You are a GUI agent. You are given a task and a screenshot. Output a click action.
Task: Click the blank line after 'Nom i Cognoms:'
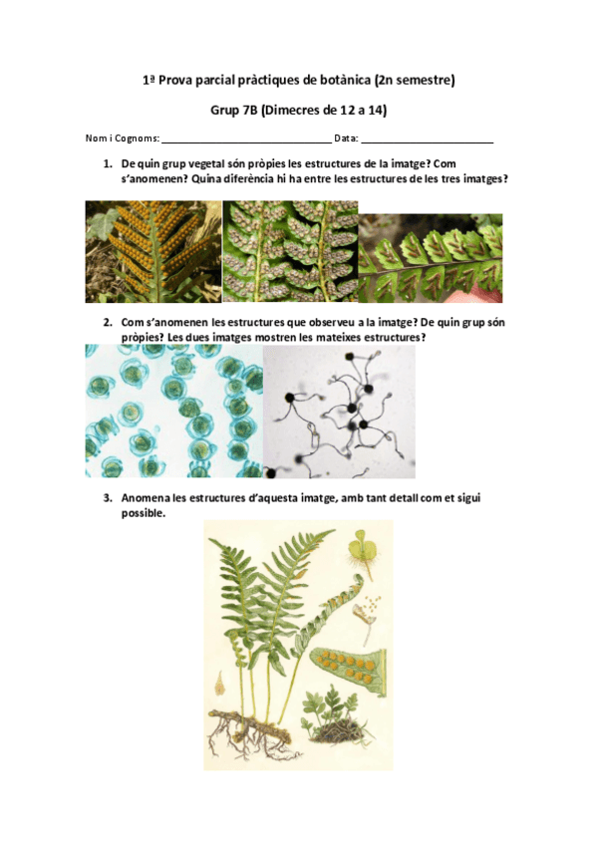click(x=247, y=142)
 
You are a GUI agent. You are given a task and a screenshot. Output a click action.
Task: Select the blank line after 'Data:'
click(x=428, y=142)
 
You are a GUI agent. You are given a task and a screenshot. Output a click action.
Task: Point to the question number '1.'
click(x=108, y=163)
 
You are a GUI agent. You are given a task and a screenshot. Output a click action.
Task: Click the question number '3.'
click(x=108, y=497)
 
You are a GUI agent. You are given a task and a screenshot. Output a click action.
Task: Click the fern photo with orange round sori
click(x=153, y=252)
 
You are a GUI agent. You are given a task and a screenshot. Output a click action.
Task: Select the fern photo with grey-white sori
click(x=290, y=252)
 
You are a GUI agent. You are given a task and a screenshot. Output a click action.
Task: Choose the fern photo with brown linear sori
click(x=431, y=258)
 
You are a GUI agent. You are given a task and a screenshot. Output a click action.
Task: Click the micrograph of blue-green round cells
click(x=174, y=412)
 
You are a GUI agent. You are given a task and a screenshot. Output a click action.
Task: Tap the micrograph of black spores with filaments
click(x=339, y=412)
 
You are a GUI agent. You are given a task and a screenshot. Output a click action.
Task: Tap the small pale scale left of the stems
click(x=220, y=684)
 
